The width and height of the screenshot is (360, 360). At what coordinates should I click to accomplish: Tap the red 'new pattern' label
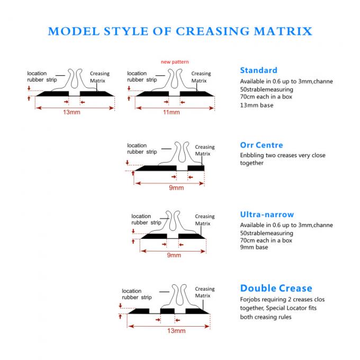175,62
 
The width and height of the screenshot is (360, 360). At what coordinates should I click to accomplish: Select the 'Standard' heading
258,70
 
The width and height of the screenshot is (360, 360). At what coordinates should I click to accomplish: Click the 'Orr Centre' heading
262,145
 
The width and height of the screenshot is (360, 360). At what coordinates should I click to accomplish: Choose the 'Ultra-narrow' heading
267,214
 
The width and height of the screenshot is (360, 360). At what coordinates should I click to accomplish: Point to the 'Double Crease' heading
276,289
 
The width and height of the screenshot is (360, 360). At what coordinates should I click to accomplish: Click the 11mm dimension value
171,112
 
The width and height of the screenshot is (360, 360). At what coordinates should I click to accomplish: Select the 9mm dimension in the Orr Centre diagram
176,187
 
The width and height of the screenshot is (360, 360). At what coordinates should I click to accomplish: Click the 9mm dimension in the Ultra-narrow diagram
174,255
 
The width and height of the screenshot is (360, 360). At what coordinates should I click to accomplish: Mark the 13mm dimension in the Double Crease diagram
176,331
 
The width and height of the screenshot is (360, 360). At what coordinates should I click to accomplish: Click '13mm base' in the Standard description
257,105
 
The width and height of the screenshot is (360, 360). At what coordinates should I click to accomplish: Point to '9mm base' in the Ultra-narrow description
254,247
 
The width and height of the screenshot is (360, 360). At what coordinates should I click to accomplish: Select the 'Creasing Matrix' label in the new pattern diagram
201,77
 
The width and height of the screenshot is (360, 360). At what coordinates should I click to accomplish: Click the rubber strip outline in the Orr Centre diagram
181,154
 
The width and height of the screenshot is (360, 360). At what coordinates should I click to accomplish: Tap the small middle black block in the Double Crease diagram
167,311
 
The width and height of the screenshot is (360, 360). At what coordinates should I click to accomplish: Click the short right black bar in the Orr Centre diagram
196,168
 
